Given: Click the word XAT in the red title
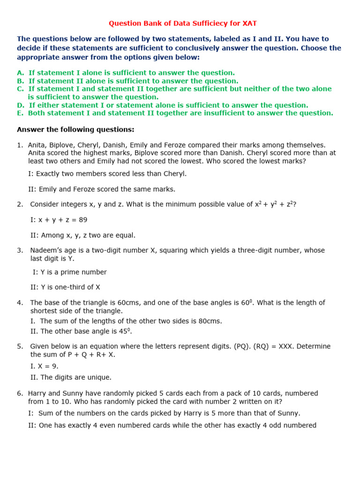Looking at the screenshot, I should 249,23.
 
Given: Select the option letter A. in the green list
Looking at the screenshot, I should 20,73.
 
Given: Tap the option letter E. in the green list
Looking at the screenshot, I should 20,113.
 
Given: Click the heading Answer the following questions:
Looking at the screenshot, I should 75,129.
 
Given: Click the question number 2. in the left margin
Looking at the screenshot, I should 20,204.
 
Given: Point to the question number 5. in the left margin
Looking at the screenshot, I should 20,346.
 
